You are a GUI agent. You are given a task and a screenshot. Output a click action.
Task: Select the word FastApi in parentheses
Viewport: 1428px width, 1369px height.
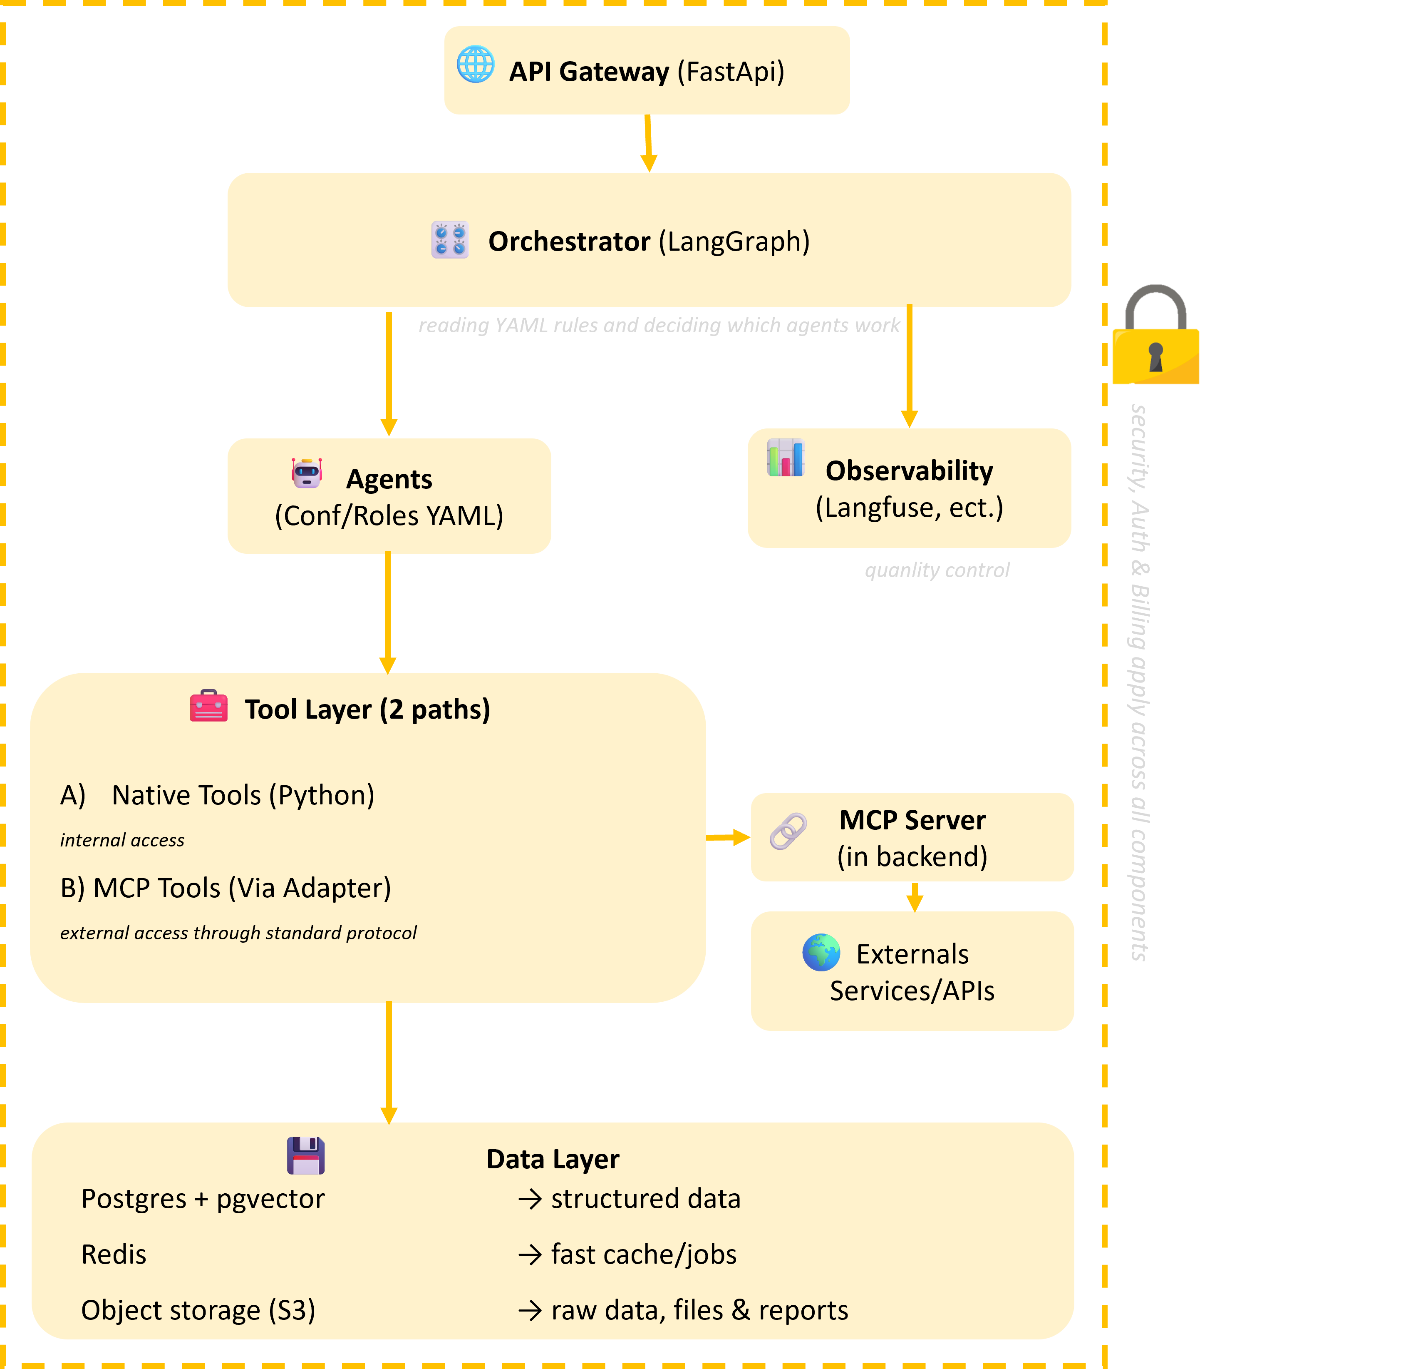730,72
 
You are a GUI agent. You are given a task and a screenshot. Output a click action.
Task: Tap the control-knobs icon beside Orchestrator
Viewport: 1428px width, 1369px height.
449,240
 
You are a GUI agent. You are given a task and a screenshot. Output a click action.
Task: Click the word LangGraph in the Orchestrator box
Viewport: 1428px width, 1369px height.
734,241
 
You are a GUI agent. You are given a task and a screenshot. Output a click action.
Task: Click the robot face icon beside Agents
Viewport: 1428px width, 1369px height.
307,473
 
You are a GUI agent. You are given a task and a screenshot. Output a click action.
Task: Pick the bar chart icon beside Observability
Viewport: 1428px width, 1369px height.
786,458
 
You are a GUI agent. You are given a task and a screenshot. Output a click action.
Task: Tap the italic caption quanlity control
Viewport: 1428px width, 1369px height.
937,570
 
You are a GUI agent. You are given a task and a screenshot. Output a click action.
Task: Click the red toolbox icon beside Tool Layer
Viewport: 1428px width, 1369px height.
208,706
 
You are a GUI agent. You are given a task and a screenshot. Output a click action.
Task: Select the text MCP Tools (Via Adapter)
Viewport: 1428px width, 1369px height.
242,888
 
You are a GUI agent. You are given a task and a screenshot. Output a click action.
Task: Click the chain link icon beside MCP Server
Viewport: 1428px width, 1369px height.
788,831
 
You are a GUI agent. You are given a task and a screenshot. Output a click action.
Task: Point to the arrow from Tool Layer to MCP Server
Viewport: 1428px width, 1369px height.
727,838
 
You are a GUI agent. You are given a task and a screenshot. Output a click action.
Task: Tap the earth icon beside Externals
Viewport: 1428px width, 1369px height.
821,952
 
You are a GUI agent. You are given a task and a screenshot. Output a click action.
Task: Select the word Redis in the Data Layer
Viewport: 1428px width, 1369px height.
114,1255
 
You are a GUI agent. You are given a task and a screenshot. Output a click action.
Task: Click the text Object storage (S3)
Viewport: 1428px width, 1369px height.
198,1310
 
